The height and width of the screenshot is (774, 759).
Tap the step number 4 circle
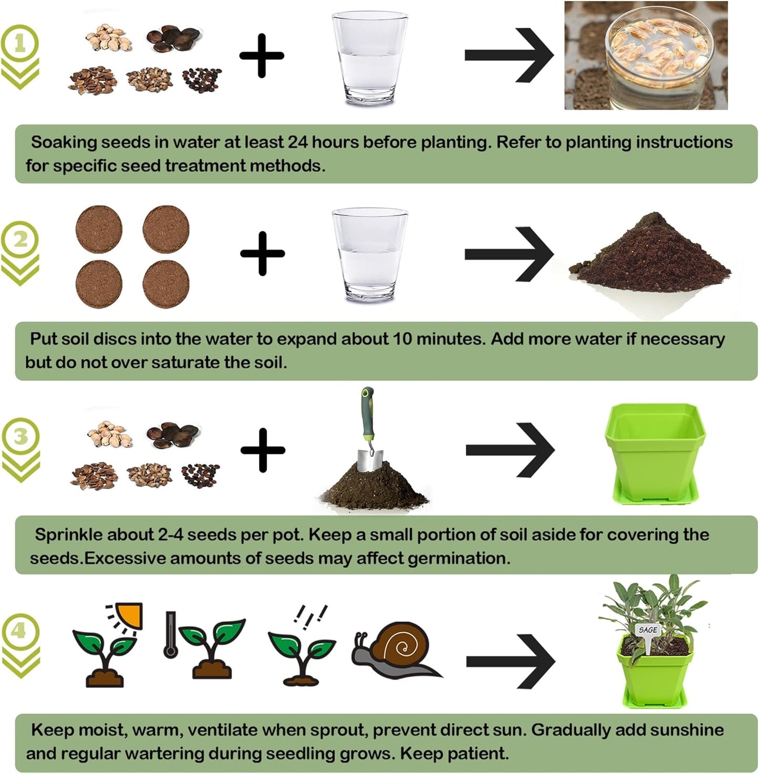20,630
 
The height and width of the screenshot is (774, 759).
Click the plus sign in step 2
262,254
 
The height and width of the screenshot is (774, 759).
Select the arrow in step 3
510,450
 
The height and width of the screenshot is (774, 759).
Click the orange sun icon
129,615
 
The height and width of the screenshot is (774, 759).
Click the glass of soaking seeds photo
646,55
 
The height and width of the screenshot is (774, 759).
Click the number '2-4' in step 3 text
170,534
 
